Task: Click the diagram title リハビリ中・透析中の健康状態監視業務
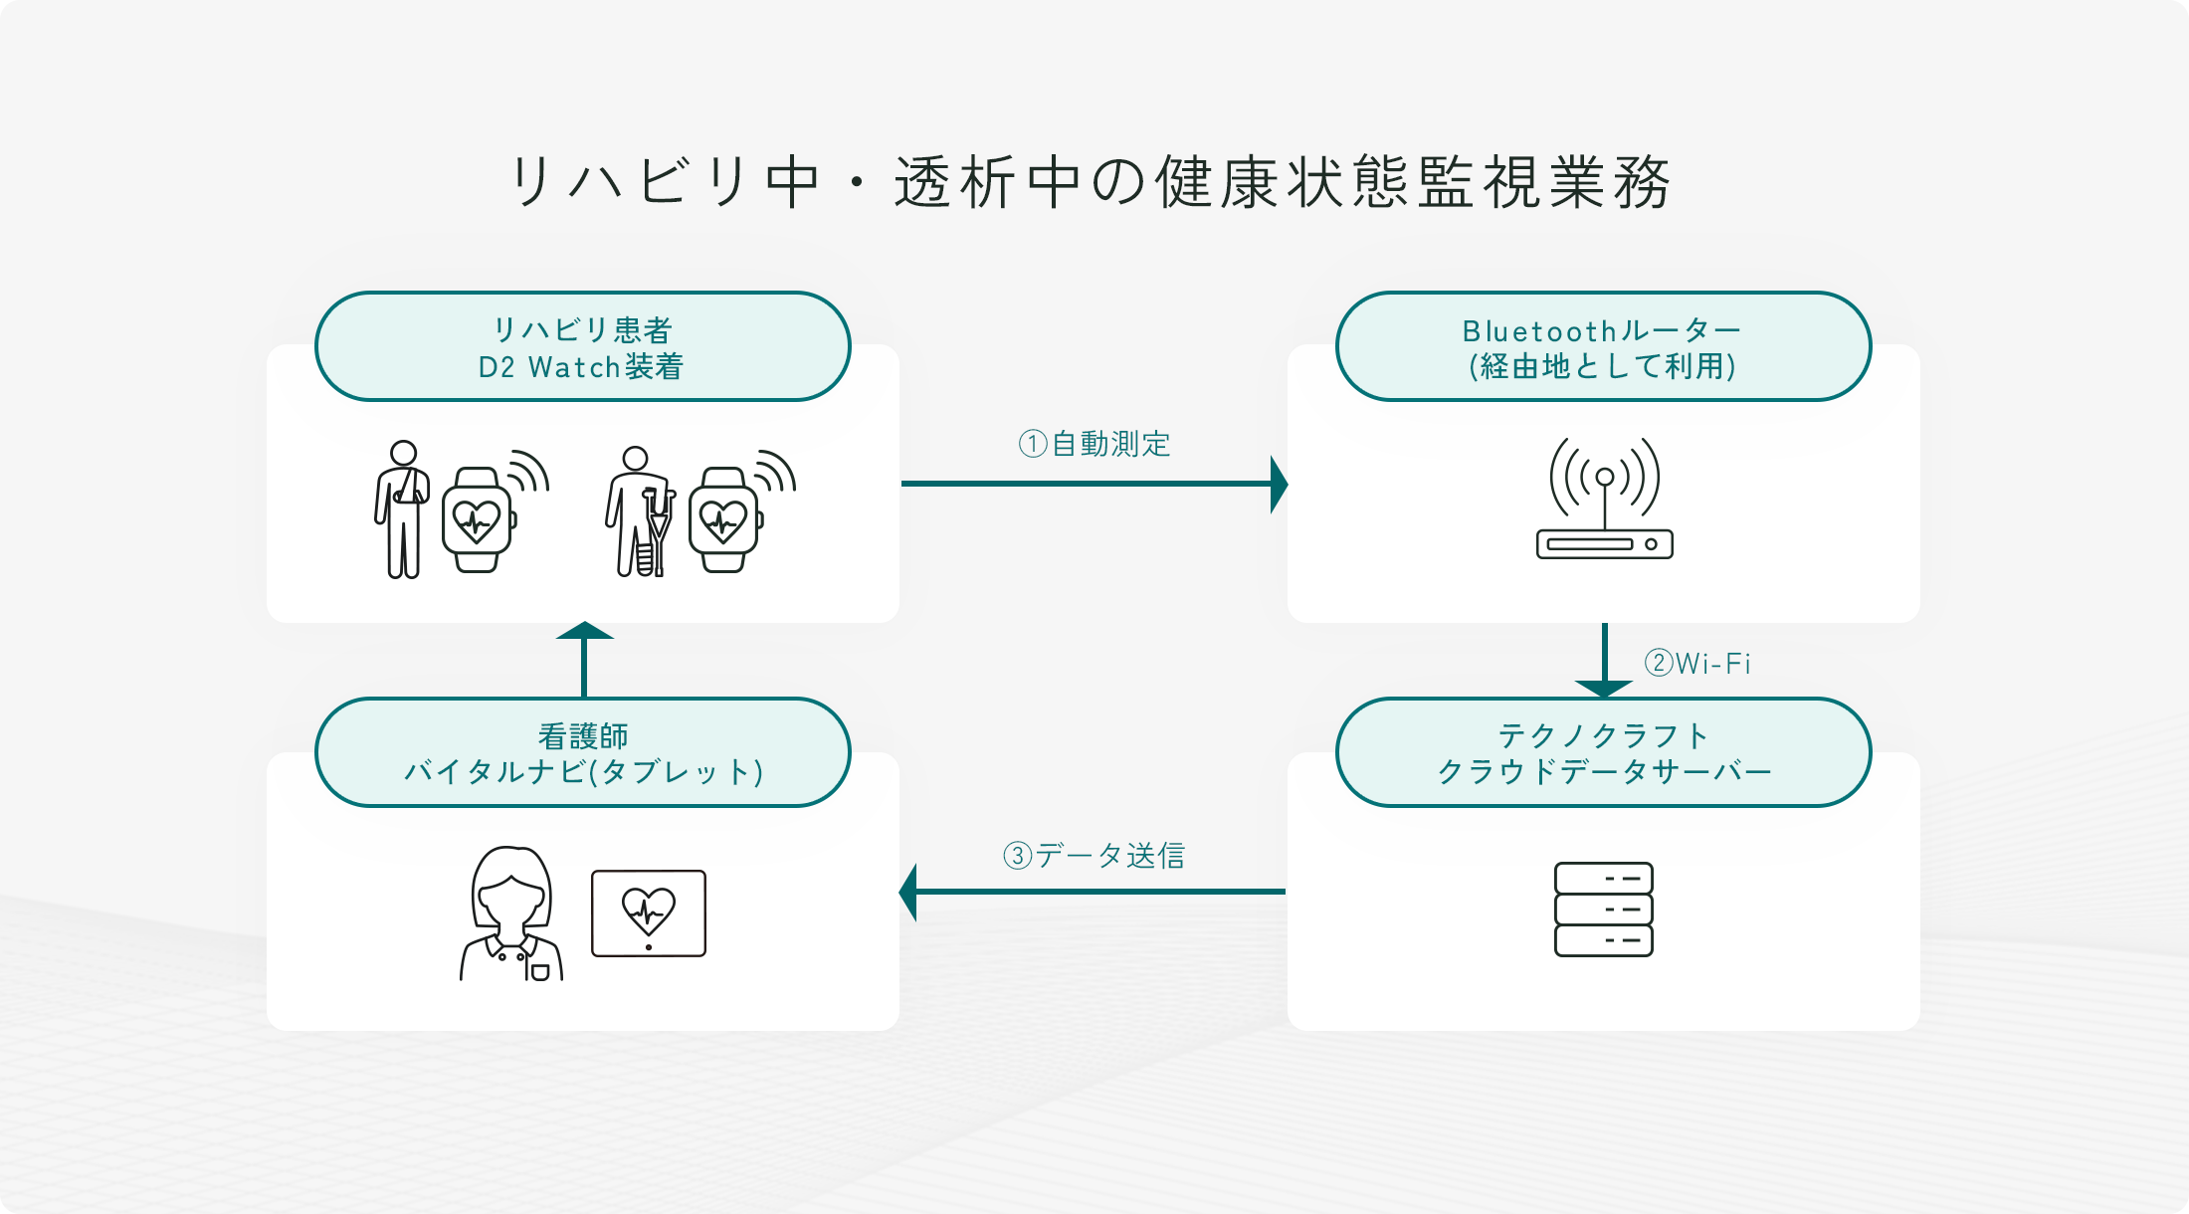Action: click(1090, 182)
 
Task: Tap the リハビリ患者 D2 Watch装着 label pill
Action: click(582, 347)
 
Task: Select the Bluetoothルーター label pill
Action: click(1602, 347)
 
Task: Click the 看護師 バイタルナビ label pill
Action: click(582, 753)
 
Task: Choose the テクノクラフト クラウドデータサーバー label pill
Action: click(1602, 753)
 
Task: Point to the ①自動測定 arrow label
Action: click(1094, 444)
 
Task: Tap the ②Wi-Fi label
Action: click(1697, 663)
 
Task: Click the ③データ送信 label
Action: click(1094, 855)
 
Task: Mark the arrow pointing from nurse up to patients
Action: click(584, 660)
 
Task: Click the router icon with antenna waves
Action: click(1604, 500)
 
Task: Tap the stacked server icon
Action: click(1603, 910)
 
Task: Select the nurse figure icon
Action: click(511, 913)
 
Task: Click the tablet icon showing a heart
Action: click(649, 913)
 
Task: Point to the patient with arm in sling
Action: click(402, 508)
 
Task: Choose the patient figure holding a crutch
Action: click(638, 511)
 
